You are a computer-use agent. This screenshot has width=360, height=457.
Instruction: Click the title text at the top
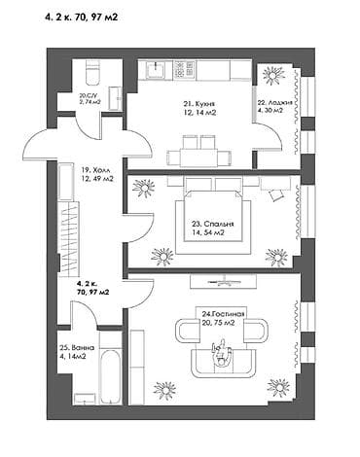coord(82,17)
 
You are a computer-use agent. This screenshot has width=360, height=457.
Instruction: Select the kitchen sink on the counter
coord(156,70)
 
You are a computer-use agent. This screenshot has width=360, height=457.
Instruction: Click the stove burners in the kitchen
coord(184,69)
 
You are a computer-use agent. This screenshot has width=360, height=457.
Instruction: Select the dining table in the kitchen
coord(198,157)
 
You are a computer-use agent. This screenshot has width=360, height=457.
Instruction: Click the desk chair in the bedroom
coord(276,195)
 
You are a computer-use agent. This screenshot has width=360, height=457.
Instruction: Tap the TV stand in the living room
coord(224,281)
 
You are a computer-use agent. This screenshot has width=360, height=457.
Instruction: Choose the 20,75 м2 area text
coord(218,323)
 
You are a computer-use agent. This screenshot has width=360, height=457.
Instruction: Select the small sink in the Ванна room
coord(85,399)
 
